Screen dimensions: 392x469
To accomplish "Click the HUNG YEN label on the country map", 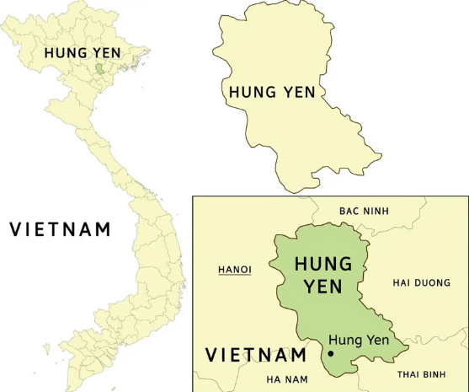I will pos(83,52).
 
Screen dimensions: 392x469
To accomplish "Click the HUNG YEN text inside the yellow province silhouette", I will pos(272,91).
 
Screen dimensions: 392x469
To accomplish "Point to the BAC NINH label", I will pos(364,210).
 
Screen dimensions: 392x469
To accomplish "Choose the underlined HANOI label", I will pos(235,270).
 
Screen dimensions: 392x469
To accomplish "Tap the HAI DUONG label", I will pos(422,282).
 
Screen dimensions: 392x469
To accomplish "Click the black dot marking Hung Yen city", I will pos(330,353).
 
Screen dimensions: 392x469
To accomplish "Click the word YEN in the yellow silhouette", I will pos(299,91).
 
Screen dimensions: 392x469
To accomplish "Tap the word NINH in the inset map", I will pos(375,210).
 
